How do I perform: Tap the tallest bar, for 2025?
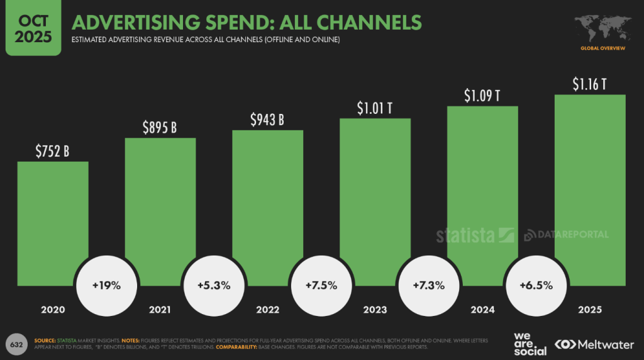coord(590,189)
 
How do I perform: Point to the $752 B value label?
coord(53,151)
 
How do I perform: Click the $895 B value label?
coord(160,128)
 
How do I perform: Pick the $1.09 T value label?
coord(482,96)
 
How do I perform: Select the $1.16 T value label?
coord(589,84)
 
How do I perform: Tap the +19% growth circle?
coord(106,285)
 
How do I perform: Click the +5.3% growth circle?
coord(214,285)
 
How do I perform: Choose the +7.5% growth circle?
coord(321,285)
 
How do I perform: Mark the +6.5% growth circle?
coord(536,285)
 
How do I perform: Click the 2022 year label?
coord(268,310)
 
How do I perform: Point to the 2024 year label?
coord(482,310)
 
